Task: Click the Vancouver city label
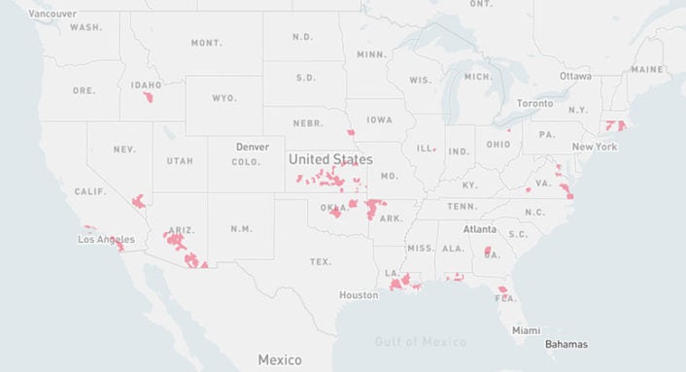[x=52, y=14]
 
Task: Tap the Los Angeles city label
[x=107, y=239]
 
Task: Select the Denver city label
[x=252, y=148]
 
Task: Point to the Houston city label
[x=359, y=295]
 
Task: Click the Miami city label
[x=527, y=330]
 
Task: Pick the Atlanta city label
[x=479, y=229]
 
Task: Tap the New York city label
[x=594, y=147]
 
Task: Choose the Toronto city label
[x=534, y=103]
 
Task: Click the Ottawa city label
[x=575, y=76]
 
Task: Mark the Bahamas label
[x=566, y=344]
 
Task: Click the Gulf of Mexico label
[x=421, y=342]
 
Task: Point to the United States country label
[x=330, y=158]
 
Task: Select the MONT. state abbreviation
[x=206, y=43]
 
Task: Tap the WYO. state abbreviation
[x=224, y=98]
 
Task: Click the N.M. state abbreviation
[x=240, y=228]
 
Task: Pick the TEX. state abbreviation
[x=321, y=262]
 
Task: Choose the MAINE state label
[x=646, y=70]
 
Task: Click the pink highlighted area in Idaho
[x=149, y=97]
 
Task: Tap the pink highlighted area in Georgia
[x=487, y=252]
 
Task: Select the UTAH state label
[x=180, y=160]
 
